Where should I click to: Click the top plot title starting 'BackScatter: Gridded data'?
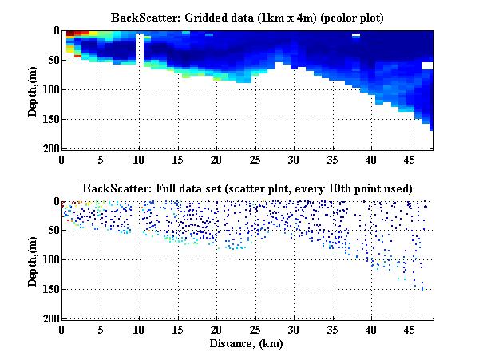(247, 17)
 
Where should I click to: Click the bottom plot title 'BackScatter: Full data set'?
(247, 188)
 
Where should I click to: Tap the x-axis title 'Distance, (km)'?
(247, 343)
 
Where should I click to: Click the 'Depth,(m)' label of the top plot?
(33, 89)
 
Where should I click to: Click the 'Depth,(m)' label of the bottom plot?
(33, 260)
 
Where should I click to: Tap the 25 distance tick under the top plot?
(255, 159)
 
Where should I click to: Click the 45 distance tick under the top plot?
(410, 159)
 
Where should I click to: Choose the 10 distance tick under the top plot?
(139, 159)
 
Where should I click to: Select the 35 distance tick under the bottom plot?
(332, 330)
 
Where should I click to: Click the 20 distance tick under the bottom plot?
(216, 330)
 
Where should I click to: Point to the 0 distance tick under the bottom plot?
(62, 330)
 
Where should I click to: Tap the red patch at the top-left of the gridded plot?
(70, 34)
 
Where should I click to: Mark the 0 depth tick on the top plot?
(55, 30)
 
